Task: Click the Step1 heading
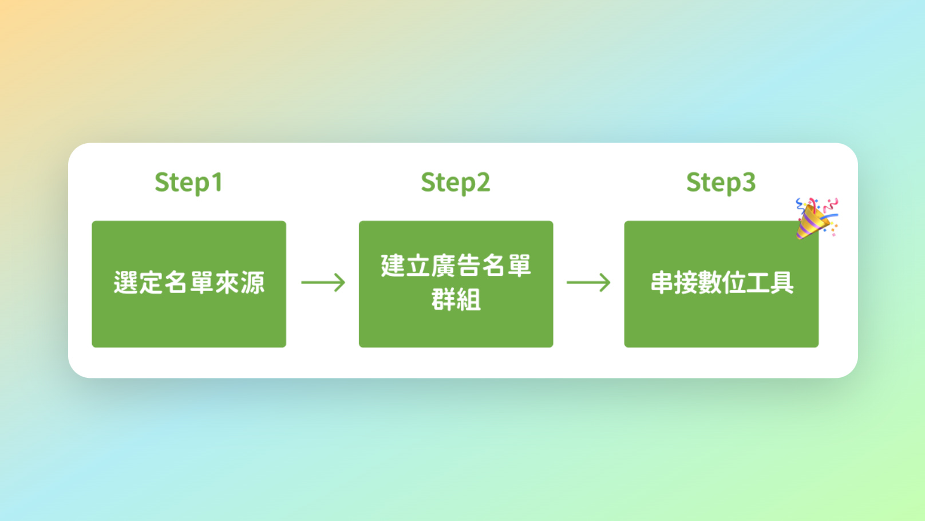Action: point(188,183)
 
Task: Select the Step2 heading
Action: point(456,183)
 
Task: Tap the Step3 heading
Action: point(721,183)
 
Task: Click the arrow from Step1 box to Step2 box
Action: point(323,282)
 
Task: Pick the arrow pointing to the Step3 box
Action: point(588,282)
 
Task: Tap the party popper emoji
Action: point(816,218)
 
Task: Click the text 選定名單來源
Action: point(189,283)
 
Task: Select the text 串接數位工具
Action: point(722,283)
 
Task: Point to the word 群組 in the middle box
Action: point(456,300)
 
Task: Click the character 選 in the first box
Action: point(126,283)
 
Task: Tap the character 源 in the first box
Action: point(252,283)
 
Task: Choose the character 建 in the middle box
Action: point(393,266)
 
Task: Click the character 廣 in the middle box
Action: point(444,266)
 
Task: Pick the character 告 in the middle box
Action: point(469,266)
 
